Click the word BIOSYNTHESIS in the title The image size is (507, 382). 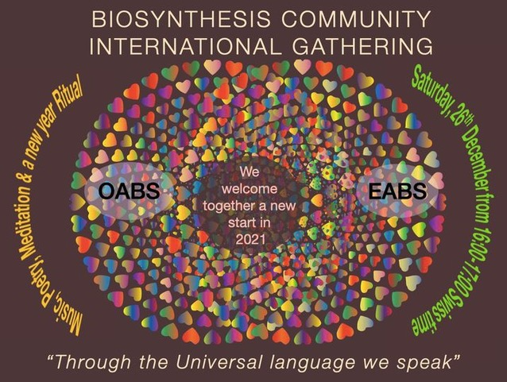pyautogui.click(x=180, y=19)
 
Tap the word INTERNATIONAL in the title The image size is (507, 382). pyautogui.click(x=184, y=46)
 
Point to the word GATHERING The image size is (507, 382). pyautogui.click(x=362, y=46)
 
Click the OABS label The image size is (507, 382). pyautogui.click(x=129, y=191)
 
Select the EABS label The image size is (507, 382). pyautogui.click(x=397, y=191)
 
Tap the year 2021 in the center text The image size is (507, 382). pyautogui.click(x=250, y=240)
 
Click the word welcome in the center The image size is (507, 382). pyautogui.click(x=250, y=189)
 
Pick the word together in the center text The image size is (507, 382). pyautogui.click(x=227, y=206)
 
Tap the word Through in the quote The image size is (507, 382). pyautogui.click(x=94, y=362)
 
